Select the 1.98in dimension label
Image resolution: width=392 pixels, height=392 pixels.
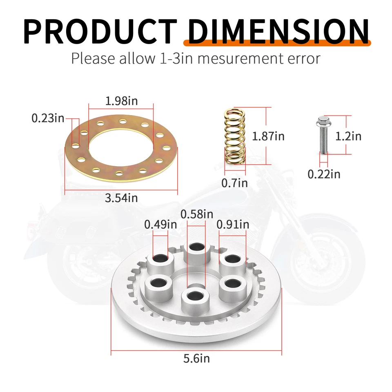tap(121, 101)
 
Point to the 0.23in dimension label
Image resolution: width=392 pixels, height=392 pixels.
tap(48, 118)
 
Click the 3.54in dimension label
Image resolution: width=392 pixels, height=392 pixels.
tap(121, 198)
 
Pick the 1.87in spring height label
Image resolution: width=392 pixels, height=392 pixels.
tap(268, 136)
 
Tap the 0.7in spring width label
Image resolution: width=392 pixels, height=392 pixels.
tap(234, 183)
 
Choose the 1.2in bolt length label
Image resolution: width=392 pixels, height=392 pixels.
tap(348, 136)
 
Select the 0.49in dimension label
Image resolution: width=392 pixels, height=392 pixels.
tap(160, 224)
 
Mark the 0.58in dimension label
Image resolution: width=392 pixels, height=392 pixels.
tap(197, 214)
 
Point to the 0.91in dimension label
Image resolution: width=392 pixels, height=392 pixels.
tap(233, 224)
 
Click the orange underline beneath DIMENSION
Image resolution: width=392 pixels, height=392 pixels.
tap(277, 42)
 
